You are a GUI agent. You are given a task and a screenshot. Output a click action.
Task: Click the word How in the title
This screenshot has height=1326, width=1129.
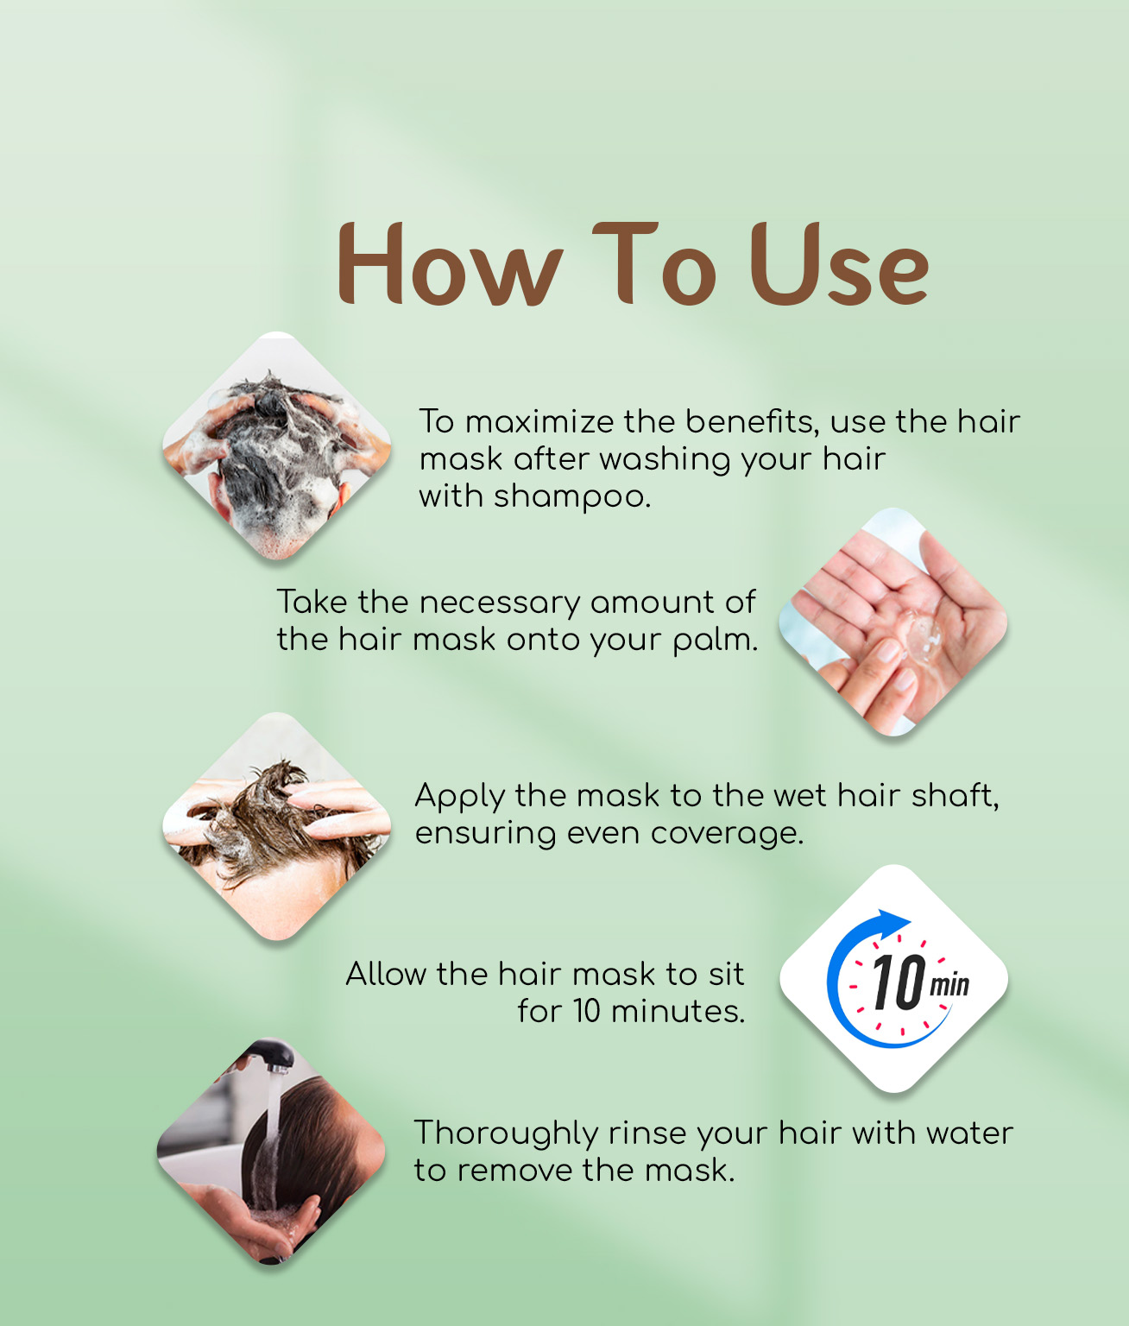[x=450, y=263]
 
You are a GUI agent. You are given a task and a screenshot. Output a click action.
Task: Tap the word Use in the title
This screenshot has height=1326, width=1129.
[x=838, y=263]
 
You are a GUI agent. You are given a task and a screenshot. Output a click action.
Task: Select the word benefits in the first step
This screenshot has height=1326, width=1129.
[x=752, y=421]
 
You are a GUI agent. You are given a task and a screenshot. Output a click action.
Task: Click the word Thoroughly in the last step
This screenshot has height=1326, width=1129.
[x=506, y=1135]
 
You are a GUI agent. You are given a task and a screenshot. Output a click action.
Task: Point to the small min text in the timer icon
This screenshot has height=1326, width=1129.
[x=949, y=984]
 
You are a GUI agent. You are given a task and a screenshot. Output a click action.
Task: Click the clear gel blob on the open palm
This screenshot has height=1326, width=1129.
[x=921, y=635]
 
